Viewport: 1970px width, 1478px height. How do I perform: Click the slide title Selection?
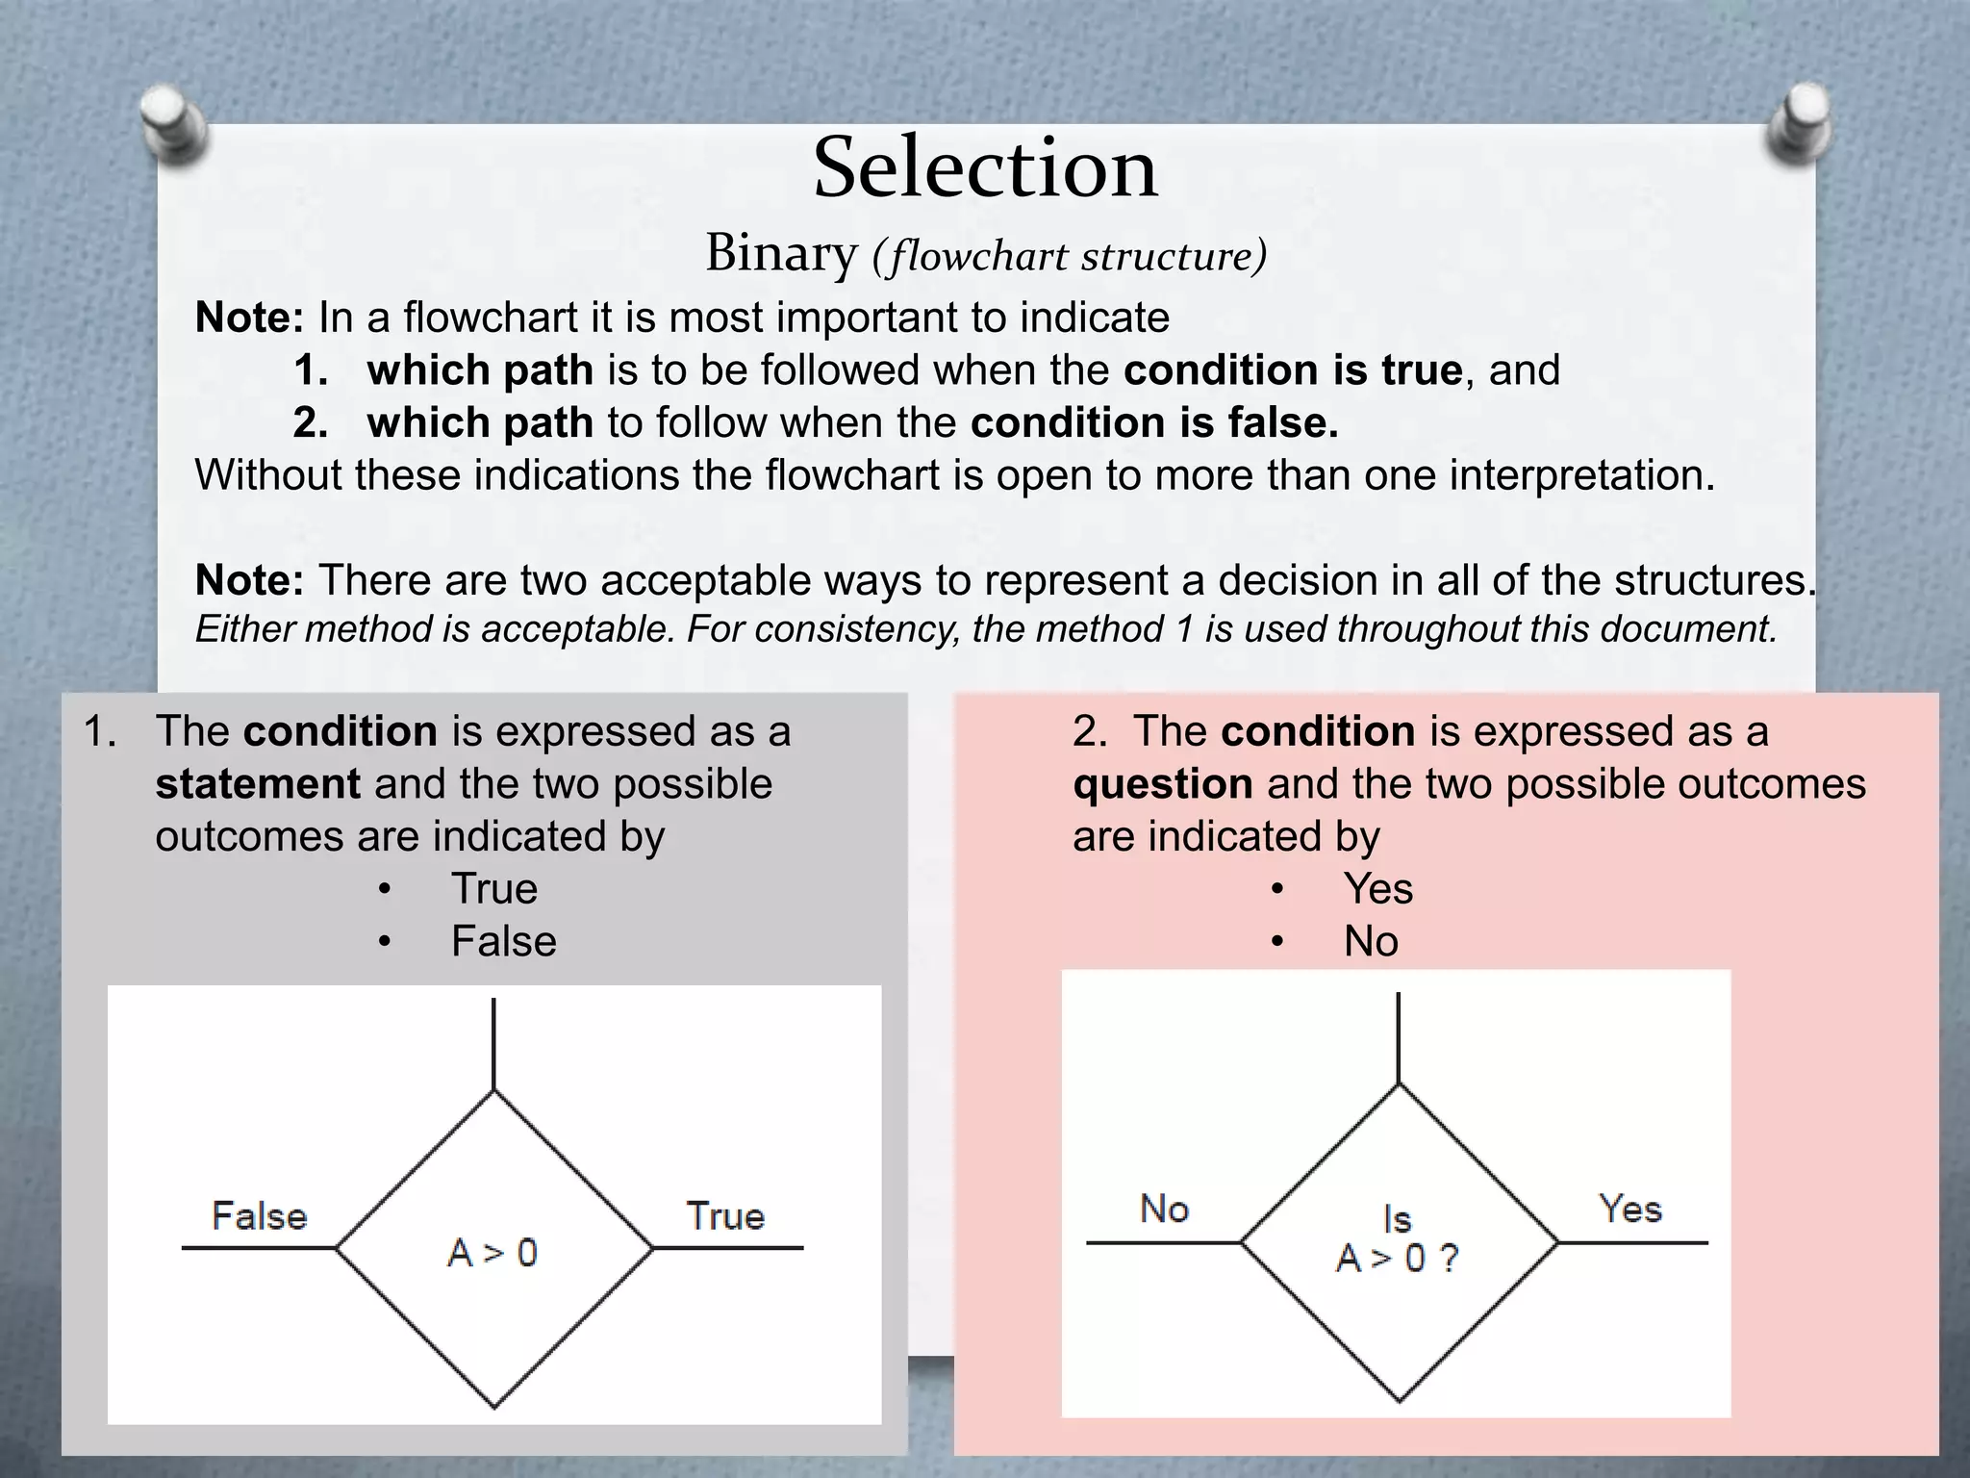tap(985, 169)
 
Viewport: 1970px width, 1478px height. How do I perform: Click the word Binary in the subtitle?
tap(780, 254)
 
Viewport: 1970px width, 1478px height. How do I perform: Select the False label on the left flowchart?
tap(259, 1216)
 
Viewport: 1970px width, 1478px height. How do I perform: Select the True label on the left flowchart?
tap(725, 1216)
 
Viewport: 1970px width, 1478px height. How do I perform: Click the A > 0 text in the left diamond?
tap(492, 1253)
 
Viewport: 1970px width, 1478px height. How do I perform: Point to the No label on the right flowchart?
tap(1164, 1210)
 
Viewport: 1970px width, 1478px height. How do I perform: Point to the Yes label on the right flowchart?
tap(1630, 1210)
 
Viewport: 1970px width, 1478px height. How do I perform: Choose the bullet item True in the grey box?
tap(494, 888)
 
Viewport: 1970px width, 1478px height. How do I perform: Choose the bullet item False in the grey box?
tap(504, 941)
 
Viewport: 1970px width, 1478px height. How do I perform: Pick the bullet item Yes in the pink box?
tap(1378, 888)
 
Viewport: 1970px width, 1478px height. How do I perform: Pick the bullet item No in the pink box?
tap(1371, 941)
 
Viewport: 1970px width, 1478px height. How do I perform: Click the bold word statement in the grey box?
tap(258, 784)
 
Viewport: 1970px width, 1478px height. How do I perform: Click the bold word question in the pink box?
tap(1163, 784)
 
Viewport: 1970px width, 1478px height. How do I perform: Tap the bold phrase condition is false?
tap(1154, 423)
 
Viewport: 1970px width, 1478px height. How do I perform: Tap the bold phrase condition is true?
tap(1293, 370)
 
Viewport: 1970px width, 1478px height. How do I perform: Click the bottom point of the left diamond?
tap(494, 1407)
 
